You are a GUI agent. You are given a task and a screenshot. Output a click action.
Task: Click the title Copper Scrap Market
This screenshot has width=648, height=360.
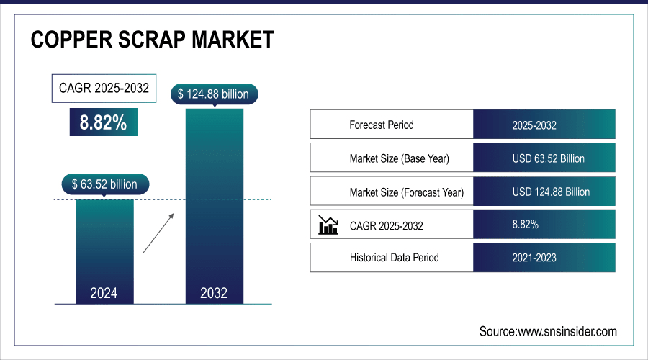click(x=152, y=40)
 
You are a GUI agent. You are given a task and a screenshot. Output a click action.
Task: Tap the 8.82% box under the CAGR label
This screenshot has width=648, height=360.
click(x=103, y=122)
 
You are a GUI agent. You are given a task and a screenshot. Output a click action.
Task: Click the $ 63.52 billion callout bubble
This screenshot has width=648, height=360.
click(x=105, y=184)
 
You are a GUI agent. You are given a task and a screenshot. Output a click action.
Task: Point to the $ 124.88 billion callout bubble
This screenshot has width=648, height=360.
click(x=214, y=94)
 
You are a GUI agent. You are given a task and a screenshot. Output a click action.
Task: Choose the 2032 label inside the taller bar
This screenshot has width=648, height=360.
click(x=214, y=293)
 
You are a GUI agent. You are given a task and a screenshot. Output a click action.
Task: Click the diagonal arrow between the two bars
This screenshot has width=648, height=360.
click(x=158, y=232)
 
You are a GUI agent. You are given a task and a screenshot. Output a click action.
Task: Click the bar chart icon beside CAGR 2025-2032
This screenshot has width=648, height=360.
click(x=328, y=226)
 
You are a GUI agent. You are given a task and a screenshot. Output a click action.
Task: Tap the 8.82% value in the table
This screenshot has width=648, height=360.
click(x=525, y=225)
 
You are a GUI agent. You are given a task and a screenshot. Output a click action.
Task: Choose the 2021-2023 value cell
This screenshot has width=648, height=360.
click(x=534, y=257)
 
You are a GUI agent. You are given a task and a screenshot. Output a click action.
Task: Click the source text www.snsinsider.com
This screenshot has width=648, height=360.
click(x=548, y=331)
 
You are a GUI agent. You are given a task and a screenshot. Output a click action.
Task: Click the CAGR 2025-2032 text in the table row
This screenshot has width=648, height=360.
click(x=387, y=226)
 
